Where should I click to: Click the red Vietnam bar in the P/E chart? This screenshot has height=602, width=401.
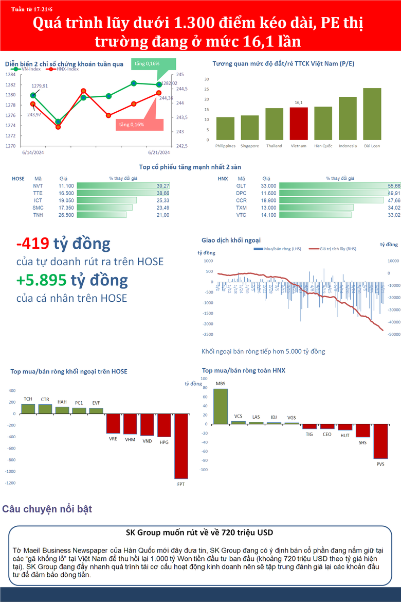click(x=299, y=124)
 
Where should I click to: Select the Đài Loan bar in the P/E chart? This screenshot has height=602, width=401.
click(x=372, y=114)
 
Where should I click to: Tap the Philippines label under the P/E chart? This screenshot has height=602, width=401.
click(x=225, y=146)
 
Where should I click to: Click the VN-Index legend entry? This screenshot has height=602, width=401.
click(x=28, y=69)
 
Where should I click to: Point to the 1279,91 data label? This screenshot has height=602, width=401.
click(x=40, y=86)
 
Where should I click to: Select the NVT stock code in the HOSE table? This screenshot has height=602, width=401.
click(x=38, y=186)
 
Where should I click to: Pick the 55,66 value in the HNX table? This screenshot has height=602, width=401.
click(x=394, y=186)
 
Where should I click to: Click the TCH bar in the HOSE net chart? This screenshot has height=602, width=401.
click(x=28, y=409)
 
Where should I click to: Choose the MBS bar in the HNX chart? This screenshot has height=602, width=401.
click(x=221, y=406)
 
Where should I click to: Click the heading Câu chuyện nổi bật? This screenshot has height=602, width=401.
click(x=47, y=509)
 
